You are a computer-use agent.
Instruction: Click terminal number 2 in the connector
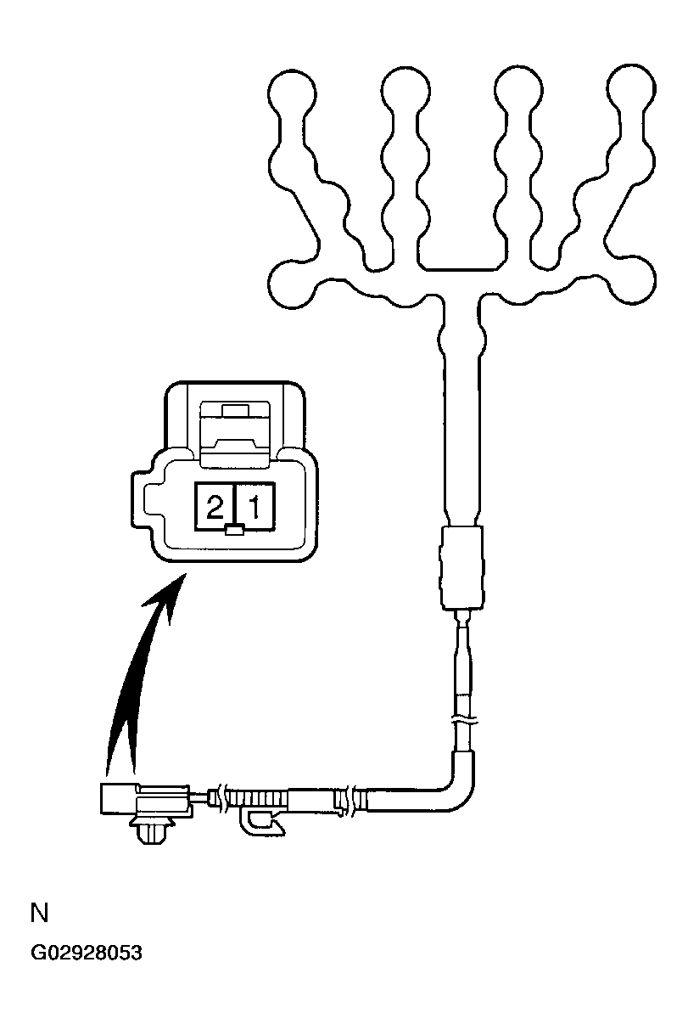pos(214,507)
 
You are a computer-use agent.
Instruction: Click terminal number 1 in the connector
pos(254,507)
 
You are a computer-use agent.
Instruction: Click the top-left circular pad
pos(292,93)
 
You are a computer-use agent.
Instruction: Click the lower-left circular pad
pos(293,284)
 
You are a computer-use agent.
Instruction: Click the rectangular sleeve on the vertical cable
pos(461,567)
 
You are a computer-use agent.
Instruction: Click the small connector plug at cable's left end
pos(145,799)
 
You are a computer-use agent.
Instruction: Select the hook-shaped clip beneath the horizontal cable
pos(263,823)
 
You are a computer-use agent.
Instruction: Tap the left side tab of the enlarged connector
pos(143,501)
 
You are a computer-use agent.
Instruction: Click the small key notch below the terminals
pos(235,531)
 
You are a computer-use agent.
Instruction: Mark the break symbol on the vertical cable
pos(464,723)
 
